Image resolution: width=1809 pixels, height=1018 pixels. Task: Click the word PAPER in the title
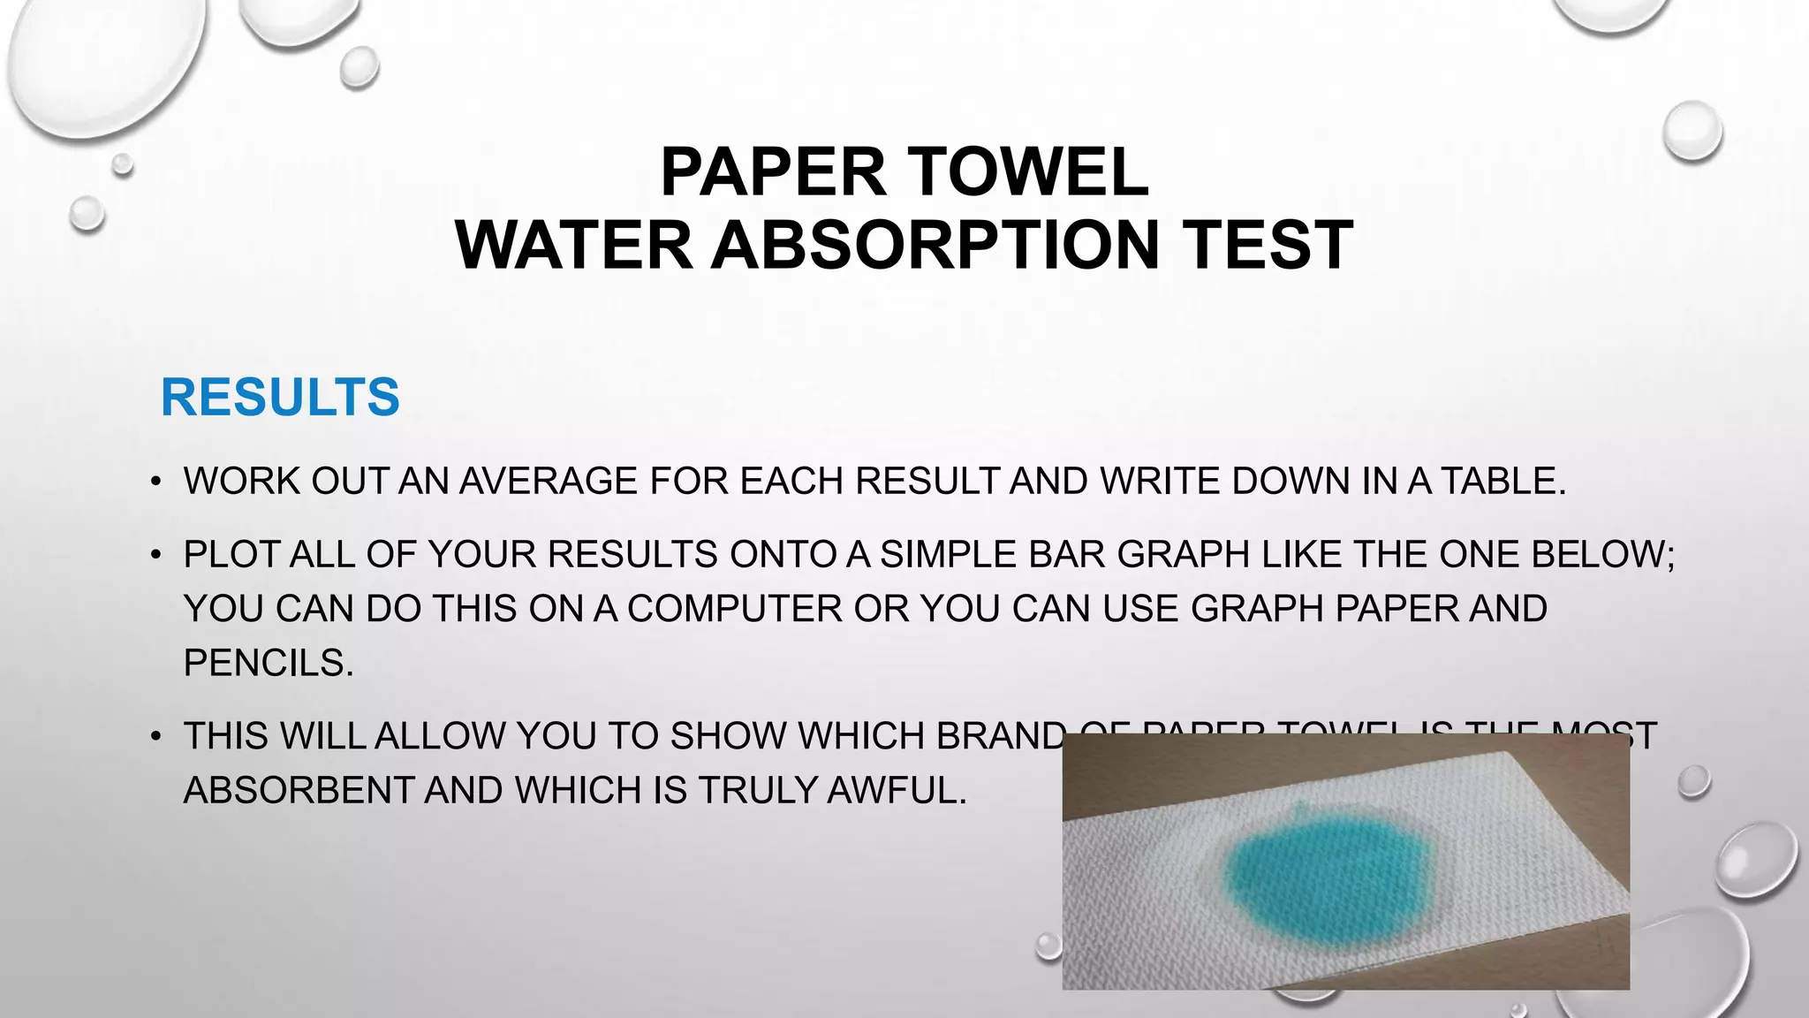773,171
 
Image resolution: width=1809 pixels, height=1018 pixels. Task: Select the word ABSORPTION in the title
935,245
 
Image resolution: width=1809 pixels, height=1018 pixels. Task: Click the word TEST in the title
1268,245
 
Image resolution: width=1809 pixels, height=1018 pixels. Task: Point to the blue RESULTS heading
280,397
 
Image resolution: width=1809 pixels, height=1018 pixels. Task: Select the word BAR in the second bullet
1067,555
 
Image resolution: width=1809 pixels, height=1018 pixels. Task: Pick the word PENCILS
268,663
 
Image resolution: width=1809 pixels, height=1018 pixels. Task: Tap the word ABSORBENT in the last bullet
298,791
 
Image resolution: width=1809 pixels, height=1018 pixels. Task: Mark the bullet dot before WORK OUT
155,482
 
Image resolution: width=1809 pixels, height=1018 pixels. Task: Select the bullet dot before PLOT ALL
155,556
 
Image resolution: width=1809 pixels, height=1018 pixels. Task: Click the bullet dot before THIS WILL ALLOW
155,737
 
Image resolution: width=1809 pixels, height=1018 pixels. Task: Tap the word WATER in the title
574,245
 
